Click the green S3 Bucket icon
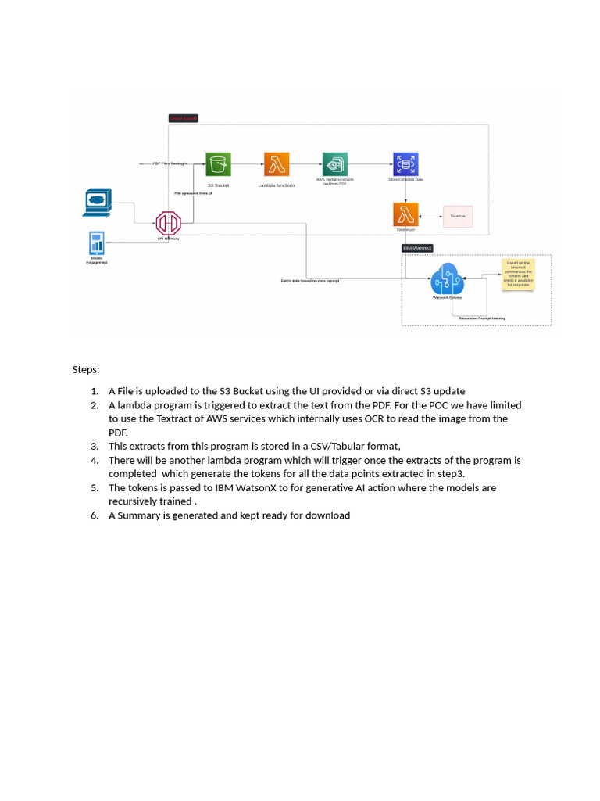[219, 164]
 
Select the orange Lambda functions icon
[277, 164]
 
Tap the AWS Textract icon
[335, 164]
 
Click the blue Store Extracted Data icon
[405, 164]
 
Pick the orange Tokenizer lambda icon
[405, 214]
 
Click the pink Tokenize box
[458, 216]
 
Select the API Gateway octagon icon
[168, 223]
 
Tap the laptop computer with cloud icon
[98, 202]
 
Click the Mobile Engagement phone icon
[97, 242]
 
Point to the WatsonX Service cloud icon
[447, 278]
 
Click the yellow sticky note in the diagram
[517, 275]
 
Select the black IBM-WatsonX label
[417, 248]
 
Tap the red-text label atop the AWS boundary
[184, 118]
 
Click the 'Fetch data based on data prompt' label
[310, 280]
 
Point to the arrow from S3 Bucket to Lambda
[248, 164]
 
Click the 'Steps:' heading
[86, 369]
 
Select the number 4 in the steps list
[94, 460]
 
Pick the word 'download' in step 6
[330, 515]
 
